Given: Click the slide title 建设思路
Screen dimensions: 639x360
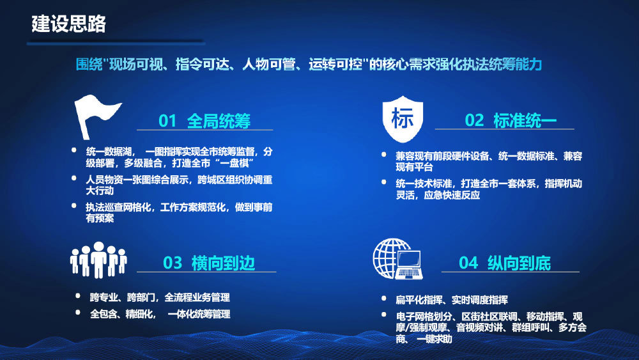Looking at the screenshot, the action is (x=68, y=24).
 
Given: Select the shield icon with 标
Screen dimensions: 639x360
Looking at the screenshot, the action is (x=403, y=119).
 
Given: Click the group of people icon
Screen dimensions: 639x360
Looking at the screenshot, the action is (x=98, y=260).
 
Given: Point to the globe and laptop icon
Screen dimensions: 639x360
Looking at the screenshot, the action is (x=397, y=259).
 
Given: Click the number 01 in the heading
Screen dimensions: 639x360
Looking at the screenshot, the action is (x=167, y=121).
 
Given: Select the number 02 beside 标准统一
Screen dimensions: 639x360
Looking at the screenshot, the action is (x=474, y=120).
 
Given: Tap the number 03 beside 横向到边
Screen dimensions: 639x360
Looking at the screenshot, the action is (x=173, y=263).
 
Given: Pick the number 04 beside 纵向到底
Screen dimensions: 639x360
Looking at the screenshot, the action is (x=468, y=263).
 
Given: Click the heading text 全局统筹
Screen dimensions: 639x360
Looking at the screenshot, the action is (x=219, y=121).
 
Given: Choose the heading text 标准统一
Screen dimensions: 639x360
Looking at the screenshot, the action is (x=525, y=120).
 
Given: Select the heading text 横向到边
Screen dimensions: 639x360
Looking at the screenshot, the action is (x=223, y=263).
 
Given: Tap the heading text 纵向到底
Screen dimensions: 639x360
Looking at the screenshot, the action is (x=519, y=263).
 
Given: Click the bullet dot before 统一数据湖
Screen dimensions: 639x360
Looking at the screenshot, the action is (x=74, y=150).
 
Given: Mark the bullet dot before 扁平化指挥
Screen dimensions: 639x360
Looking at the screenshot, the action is (x=384, y=299).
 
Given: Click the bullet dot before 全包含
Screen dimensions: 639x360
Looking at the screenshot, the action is (x=78, y=312).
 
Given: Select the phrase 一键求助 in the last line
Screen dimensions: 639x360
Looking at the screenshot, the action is (x=435, y=338).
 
